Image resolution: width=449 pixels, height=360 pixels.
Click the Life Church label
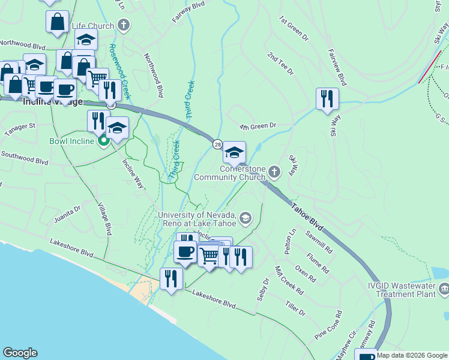coord(92,26)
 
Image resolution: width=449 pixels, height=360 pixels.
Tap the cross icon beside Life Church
coord(124,25)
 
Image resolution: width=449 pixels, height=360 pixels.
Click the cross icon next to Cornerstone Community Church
coord(274,173)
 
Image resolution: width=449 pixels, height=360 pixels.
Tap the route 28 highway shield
coord(217,143)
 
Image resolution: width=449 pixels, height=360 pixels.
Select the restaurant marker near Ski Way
coord(327,98)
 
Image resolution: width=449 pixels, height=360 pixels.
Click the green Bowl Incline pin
coord(103,142)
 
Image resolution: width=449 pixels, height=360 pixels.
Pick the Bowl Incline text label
coord(71,142)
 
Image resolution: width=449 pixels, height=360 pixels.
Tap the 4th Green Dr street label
coord(257,127)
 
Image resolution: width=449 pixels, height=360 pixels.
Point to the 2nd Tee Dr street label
coord(281,64)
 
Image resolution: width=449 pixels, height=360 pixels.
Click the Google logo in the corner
coord(20,353)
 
